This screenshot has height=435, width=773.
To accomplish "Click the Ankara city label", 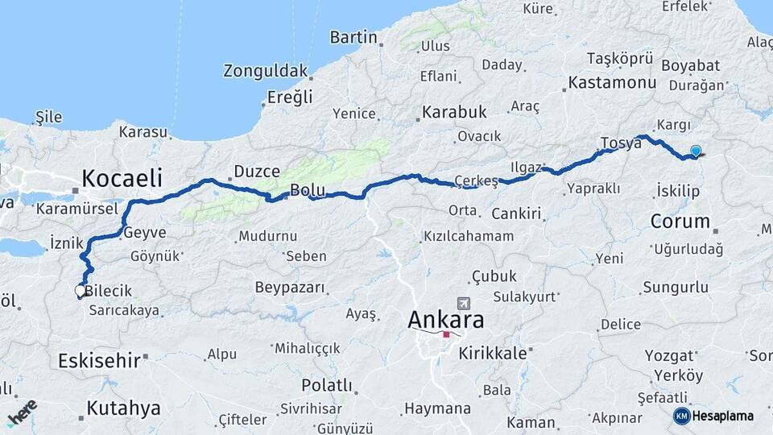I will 446,320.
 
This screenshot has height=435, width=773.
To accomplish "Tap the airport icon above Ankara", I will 464,304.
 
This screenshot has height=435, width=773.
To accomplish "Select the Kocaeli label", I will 122,177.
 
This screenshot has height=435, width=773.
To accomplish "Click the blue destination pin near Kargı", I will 696,151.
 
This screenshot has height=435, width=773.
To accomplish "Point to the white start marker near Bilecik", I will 80,290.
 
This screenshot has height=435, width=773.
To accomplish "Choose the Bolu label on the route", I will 307,191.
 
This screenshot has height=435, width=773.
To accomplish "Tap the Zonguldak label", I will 266,71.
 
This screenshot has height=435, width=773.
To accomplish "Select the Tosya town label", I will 620,143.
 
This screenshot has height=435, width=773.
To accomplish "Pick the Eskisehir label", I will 98,360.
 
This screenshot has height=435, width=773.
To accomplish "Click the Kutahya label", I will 123,408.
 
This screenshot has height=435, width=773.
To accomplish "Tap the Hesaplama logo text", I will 722,416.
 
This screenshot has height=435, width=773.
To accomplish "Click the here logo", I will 23,412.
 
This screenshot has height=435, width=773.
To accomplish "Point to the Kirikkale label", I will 493,354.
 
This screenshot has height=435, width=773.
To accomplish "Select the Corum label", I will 680,221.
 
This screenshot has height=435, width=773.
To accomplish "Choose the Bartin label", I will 353,37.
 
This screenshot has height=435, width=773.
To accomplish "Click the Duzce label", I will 257,172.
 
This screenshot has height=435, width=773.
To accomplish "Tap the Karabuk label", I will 455,112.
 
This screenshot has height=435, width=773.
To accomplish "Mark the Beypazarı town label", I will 290,288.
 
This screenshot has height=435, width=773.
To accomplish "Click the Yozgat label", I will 668,355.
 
